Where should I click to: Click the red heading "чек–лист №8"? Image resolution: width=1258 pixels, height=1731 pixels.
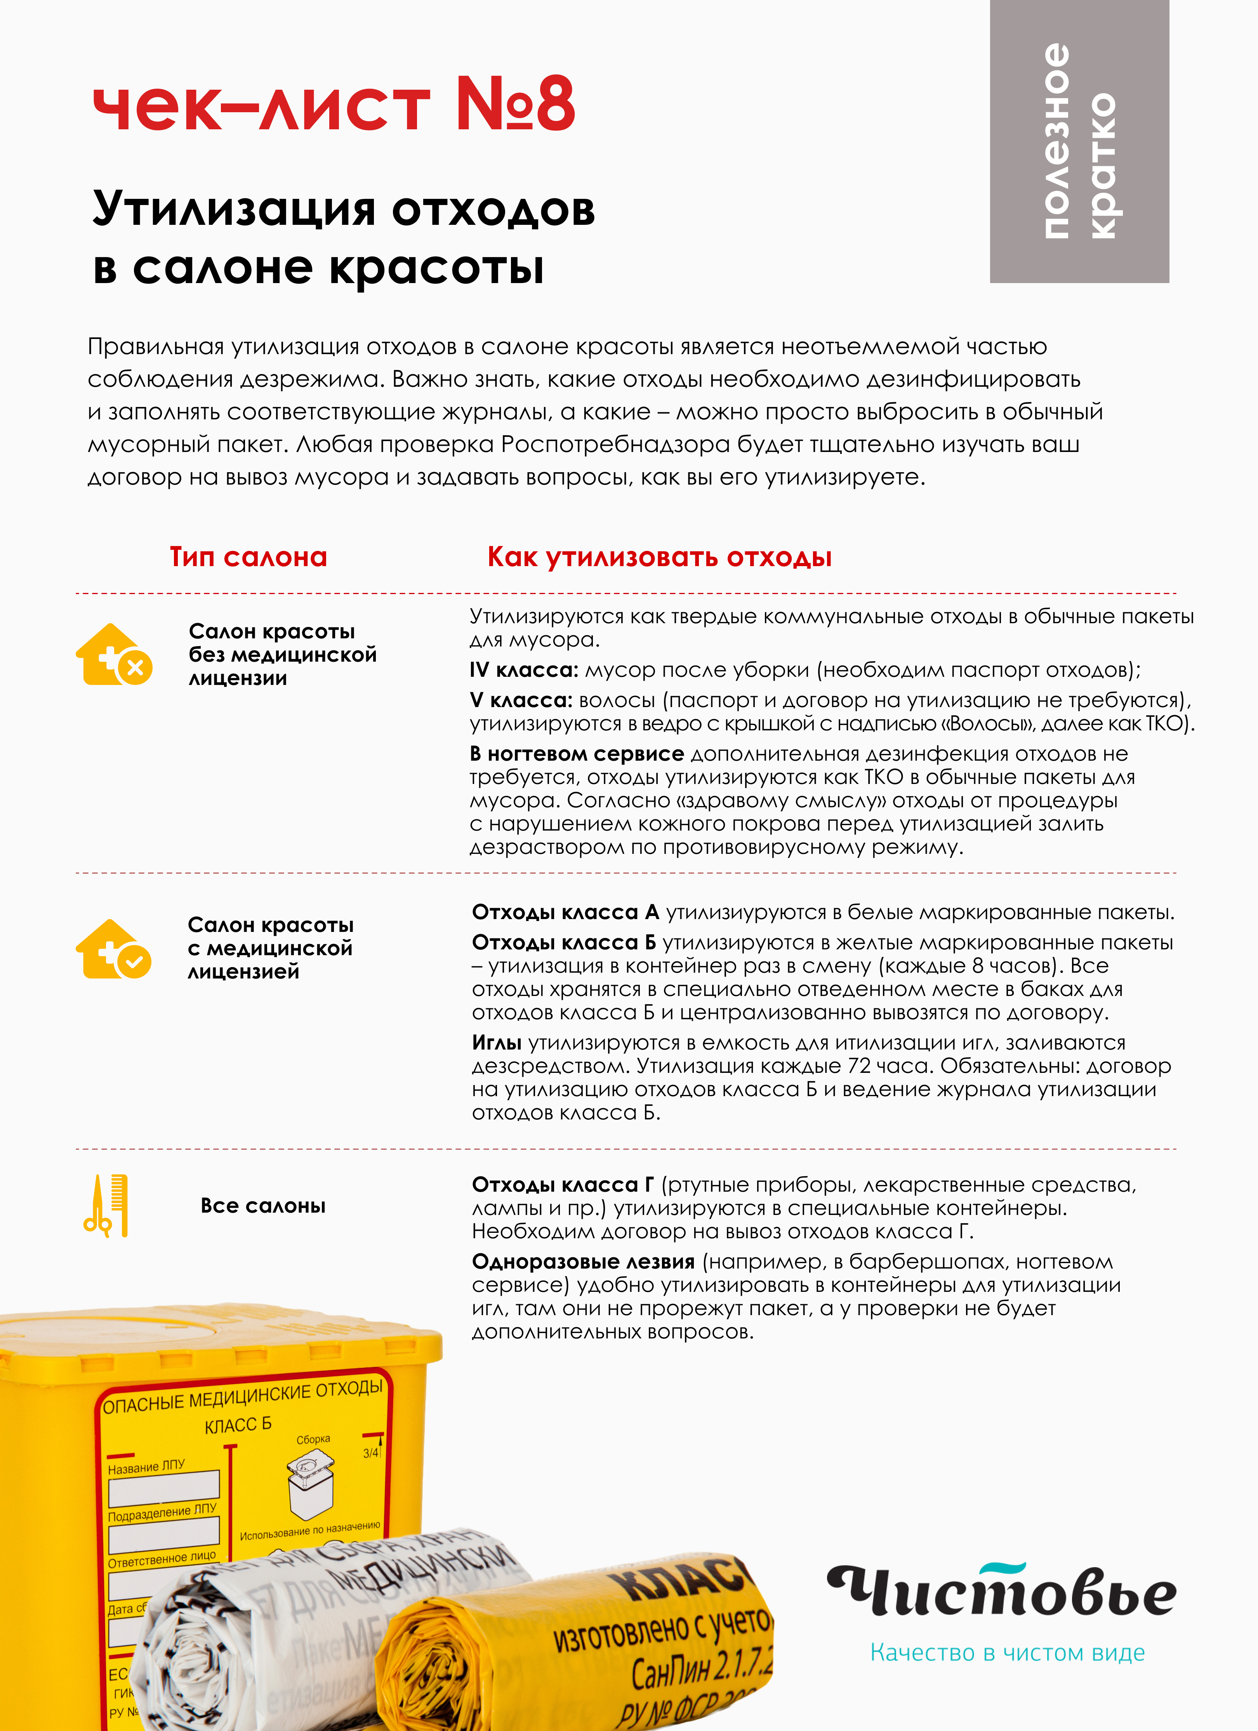[334, 104]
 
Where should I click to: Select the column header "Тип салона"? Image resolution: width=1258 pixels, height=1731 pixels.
[248, 557]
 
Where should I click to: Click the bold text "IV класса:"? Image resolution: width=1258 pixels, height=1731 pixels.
[524, 670]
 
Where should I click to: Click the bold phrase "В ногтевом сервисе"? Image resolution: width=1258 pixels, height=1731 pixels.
[576, 754]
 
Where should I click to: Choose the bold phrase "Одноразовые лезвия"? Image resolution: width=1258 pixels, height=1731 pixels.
[583, 1262]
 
